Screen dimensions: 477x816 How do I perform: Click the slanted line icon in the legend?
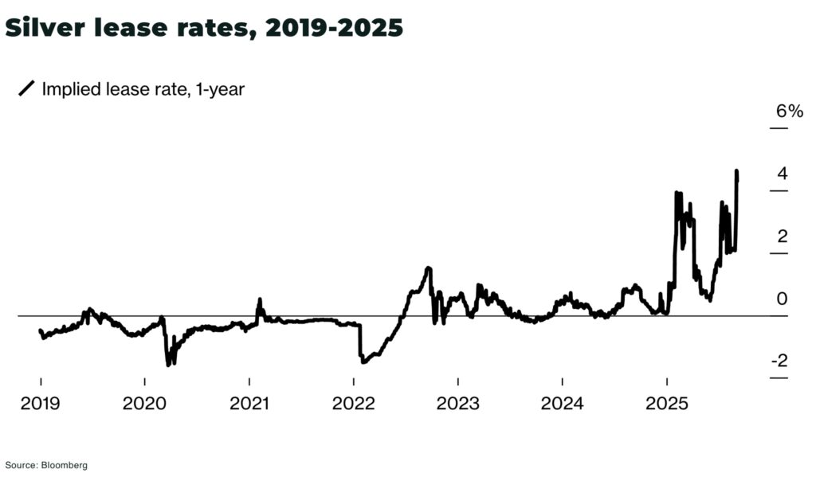tap(26, 89)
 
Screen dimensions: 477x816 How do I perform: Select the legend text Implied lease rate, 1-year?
tap(143, 89)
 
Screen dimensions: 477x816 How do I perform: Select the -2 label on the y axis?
tap(778, 361)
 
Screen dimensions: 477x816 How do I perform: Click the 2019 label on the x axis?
tap(40, 403)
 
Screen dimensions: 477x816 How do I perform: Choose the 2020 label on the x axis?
tap(145, 403)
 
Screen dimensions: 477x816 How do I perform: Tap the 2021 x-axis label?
tap(249, 403)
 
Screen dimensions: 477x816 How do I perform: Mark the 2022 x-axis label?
tap(354, 403)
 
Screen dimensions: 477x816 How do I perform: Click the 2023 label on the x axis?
tap(457, 403)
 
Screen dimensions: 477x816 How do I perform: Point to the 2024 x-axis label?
tap(562, 403)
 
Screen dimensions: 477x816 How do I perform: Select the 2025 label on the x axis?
tap(666, 403)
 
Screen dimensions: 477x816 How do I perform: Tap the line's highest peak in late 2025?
tap(736, 171)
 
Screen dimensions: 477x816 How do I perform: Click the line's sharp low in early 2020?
tap(168, 365)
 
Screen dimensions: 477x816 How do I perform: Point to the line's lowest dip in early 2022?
tap(363, 362)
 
